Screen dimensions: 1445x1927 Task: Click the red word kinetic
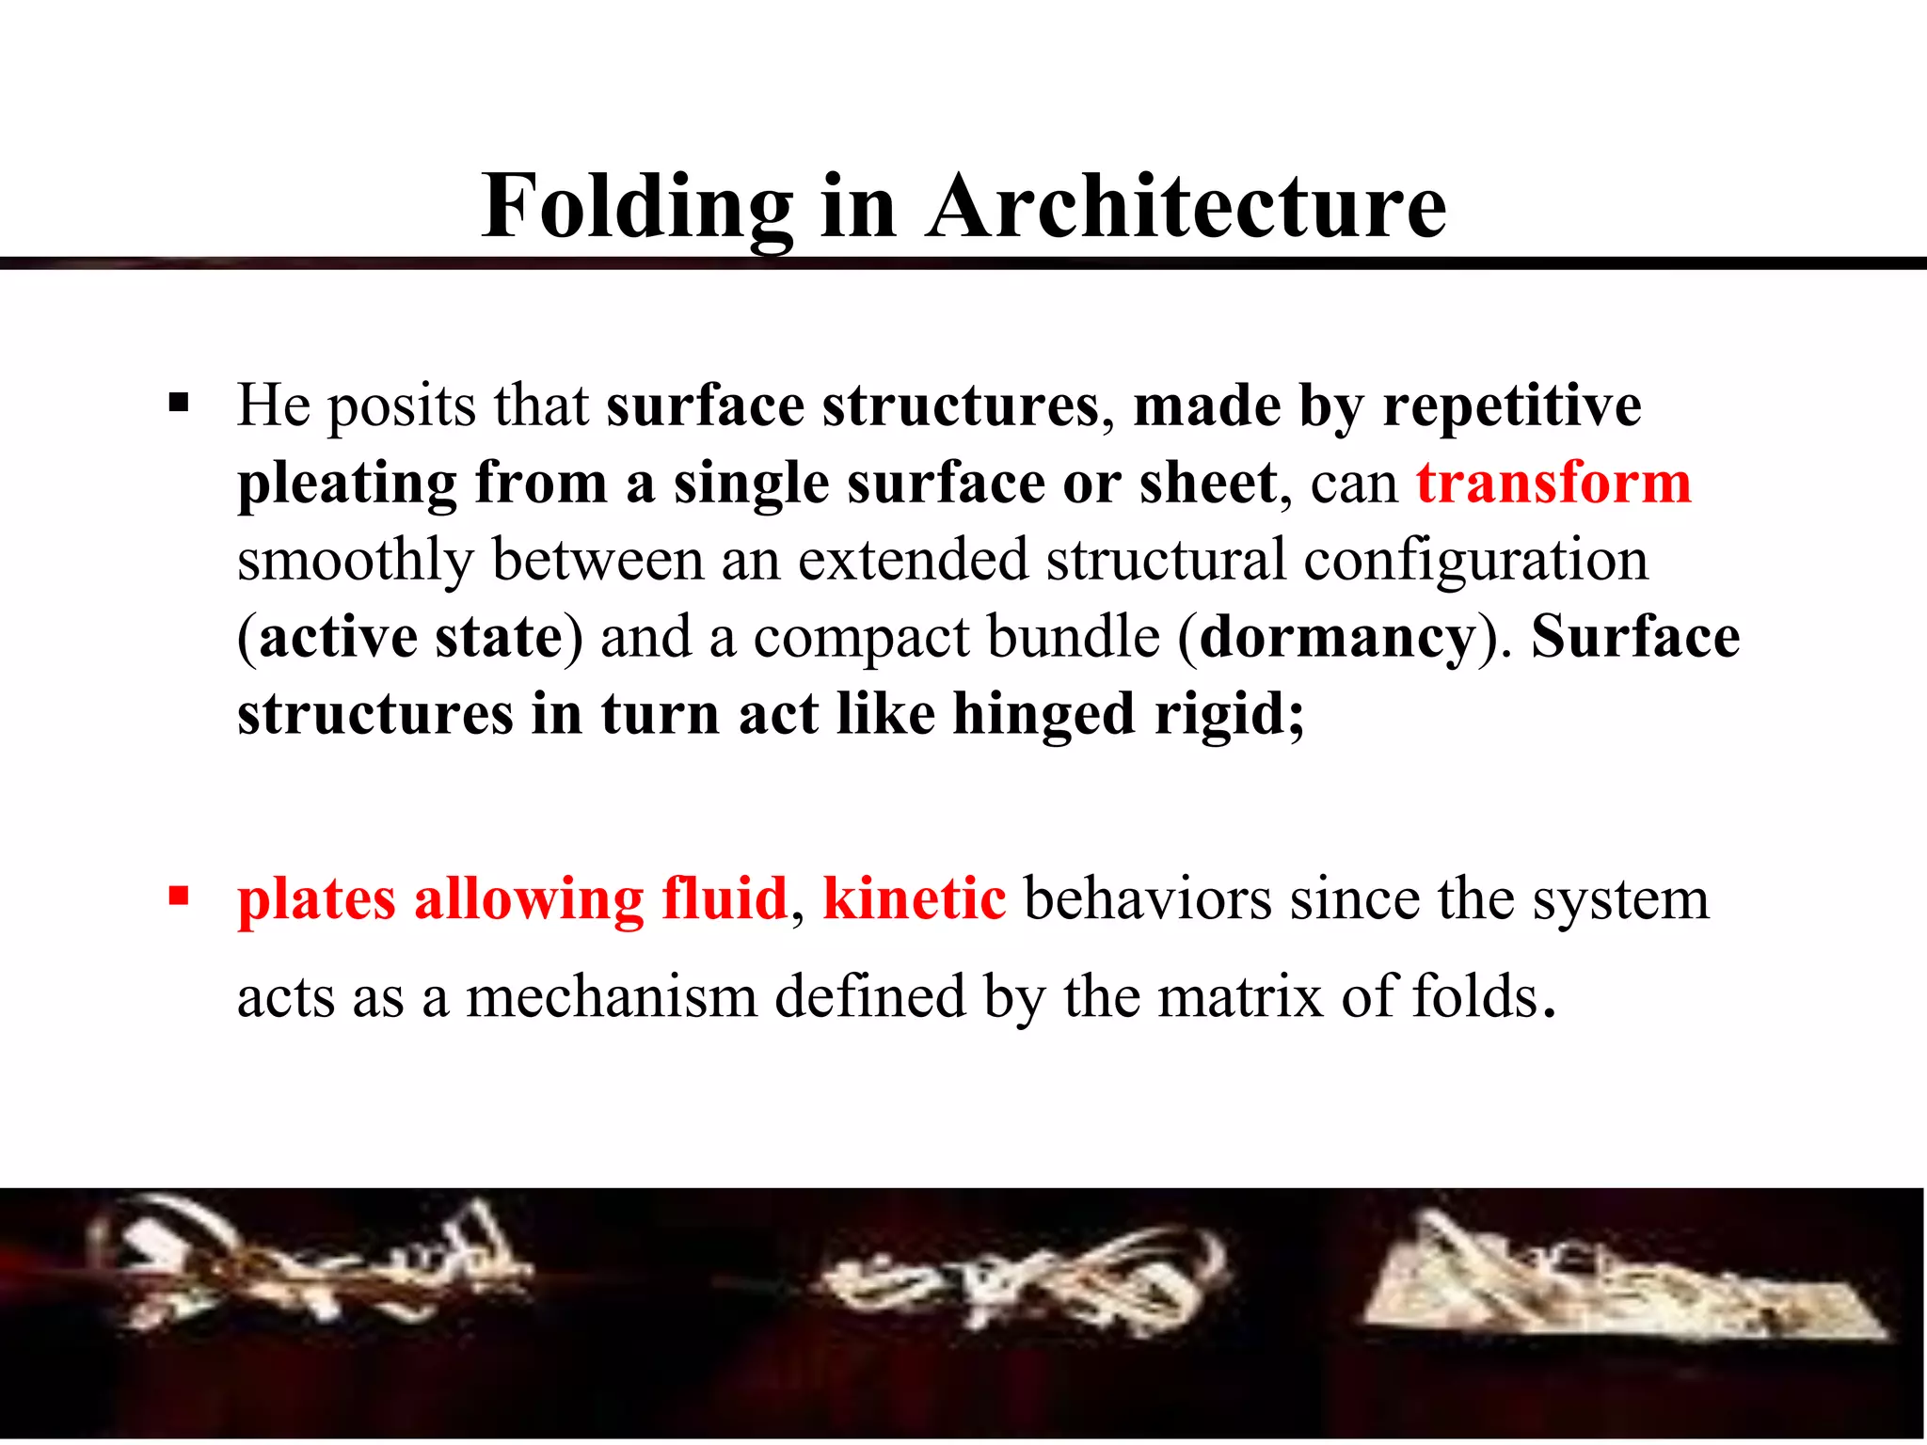tap(914, 897)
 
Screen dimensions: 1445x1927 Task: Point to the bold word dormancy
tap(1337, 637)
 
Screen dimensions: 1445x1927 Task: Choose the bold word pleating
tap(347, 485)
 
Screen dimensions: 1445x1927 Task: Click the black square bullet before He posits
tap(179, 405)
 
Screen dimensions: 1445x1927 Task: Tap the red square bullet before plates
tap(179, 895)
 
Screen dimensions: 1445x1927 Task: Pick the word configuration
tap(1475, 560)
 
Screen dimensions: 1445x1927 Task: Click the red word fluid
tap(724, 897)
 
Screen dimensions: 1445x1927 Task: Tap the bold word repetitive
tap(1512, 405)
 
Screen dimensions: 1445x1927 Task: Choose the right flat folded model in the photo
tap(1618, 1279)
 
